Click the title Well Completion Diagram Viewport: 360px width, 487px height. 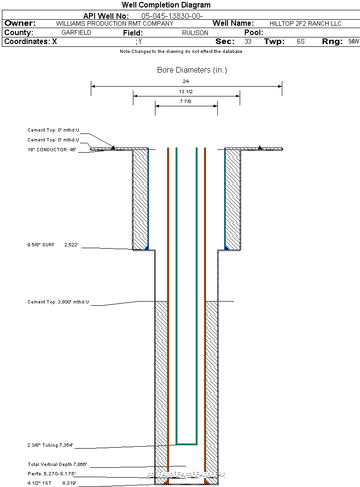[166, 5]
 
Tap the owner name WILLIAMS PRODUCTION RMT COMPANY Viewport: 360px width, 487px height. [115, 23]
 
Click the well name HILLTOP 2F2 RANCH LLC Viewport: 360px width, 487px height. [306, 23]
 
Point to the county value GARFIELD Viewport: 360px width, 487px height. [76, 33]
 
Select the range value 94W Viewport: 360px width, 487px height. [353, 42]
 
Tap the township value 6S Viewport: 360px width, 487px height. [301, 42]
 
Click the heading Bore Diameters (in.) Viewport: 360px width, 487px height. [192, 70]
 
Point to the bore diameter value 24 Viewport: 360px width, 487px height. [186, 81]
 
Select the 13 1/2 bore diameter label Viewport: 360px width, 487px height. [186, 91]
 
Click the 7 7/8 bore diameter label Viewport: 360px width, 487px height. [186, 101]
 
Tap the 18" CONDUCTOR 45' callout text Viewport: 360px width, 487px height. [52, 150]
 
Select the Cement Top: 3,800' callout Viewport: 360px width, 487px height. [59, 302]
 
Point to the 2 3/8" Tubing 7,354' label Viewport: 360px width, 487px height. [51, 445]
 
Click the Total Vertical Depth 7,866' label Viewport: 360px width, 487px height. [58, 465]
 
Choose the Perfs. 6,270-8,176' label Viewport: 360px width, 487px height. [52, 474]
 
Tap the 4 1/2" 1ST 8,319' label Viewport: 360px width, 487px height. [52, 482]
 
